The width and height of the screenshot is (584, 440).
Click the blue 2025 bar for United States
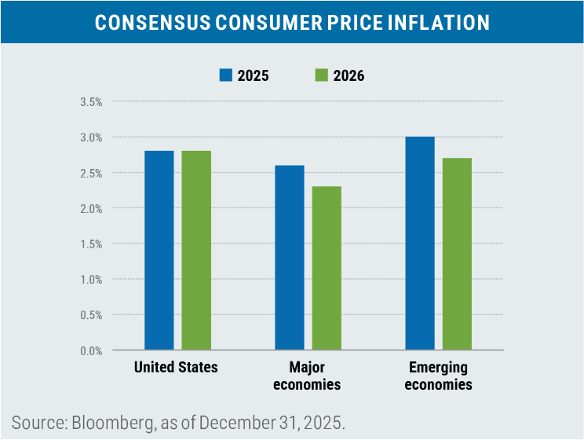pyautogui.click(x=159, y=250)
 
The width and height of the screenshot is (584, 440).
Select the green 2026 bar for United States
pyautogui.click(x=196, y=250)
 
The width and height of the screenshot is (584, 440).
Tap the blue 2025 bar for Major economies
pyautogui.click(x=289, y=257)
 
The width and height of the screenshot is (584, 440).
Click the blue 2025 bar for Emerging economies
pyautogui.click(x=420, y=243)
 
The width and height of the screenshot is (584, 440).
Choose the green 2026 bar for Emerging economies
pyautogui.click(x=457, y=254)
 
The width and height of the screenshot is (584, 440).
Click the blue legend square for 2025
pyautogui.click(x=225, y=75)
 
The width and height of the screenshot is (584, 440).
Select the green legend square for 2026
pyautogui.click(x=320, y=75)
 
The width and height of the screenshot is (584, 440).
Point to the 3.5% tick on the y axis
pyautogui.click(x=91, y=102)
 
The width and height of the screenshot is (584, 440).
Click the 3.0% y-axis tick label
pyautogui.click(x=91, y=137)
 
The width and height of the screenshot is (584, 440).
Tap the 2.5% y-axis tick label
pyautogui.click(x=91, y=173)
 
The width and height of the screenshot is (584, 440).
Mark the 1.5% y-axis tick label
pyautogui.click(x=91, y=244)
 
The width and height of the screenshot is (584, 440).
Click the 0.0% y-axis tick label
pyautogui.click(x=91, y=350)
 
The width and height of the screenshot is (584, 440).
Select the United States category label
pyautogui.click(x=176, y=367)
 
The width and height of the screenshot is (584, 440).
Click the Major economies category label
pyautogui.click(x=307, y=376)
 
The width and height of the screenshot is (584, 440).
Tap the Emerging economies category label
pyautogui.click(x=438, y=376)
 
